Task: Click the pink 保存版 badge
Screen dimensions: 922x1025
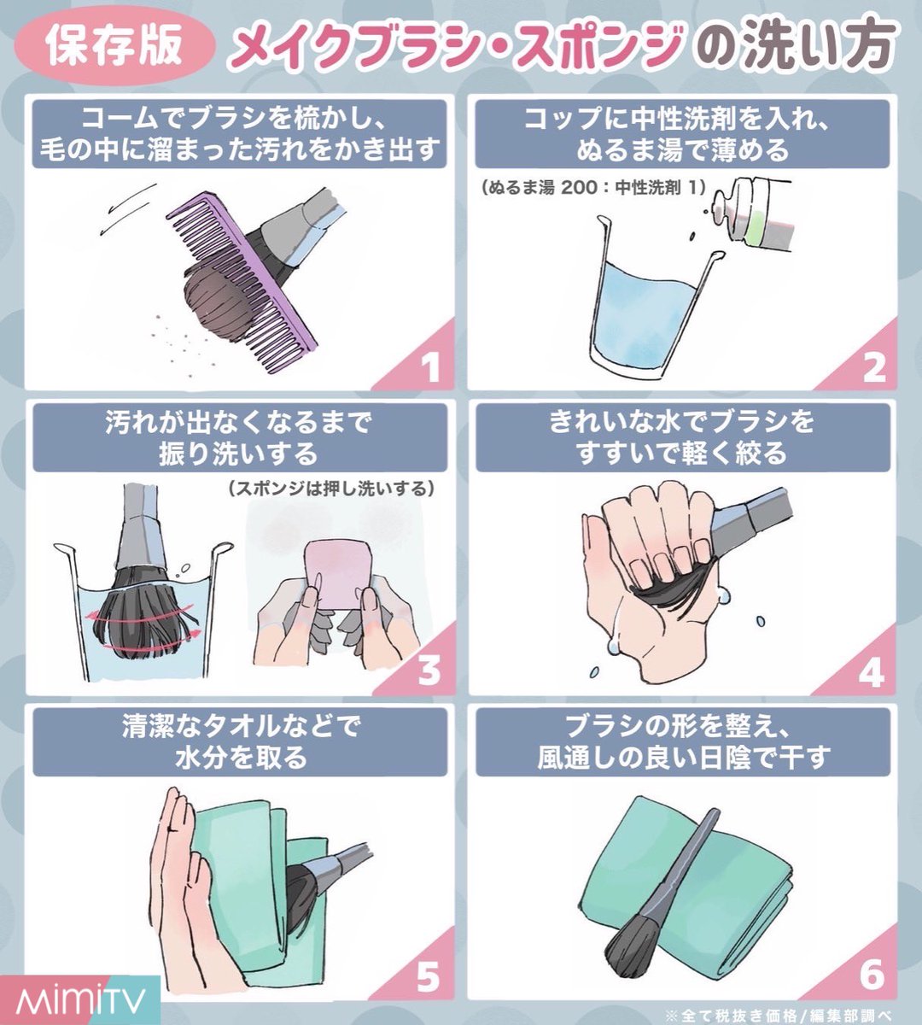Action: coord(114,47)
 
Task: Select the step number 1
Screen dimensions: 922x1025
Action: coord(429,367)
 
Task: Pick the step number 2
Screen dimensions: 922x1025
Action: coord(874,367)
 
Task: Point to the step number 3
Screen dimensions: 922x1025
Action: coord(429,671)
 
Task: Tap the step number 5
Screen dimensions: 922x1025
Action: coord(429,975)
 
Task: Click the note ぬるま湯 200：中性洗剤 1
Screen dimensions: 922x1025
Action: coord(593,188)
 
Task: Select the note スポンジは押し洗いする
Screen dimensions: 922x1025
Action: coord(331,489)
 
